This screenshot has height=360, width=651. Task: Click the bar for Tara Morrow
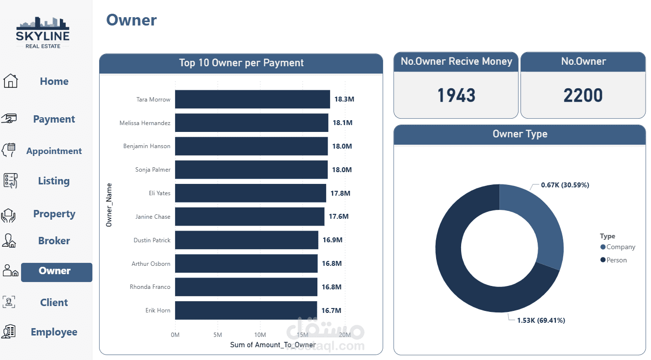point(252,99)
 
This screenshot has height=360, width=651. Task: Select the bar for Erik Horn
point(246,310)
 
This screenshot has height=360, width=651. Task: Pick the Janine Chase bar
point(249,216)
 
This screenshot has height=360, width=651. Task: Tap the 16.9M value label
point(332,240)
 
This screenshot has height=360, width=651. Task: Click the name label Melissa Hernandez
point(145,123)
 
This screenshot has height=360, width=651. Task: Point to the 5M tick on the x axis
point(217,335)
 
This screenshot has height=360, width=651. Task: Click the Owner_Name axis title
point(109,205)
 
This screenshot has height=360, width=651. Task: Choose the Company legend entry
point(620,247)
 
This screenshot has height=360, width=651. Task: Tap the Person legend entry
point(616,260)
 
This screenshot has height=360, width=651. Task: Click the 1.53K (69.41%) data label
point(541,320)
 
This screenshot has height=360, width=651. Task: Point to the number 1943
point(456,95)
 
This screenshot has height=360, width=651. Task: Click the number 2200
point(583,95)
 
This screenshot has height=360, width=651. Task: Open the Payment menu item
point(54,119)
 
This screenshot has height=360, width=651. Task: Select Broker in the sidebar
point(54,241)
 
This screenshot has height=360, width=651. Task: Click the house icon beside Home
point(10,81)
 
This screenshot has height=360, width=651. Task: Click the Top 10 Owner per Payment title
point(241,63)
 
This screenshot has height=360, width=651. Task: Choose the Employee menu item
point(54,332)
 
